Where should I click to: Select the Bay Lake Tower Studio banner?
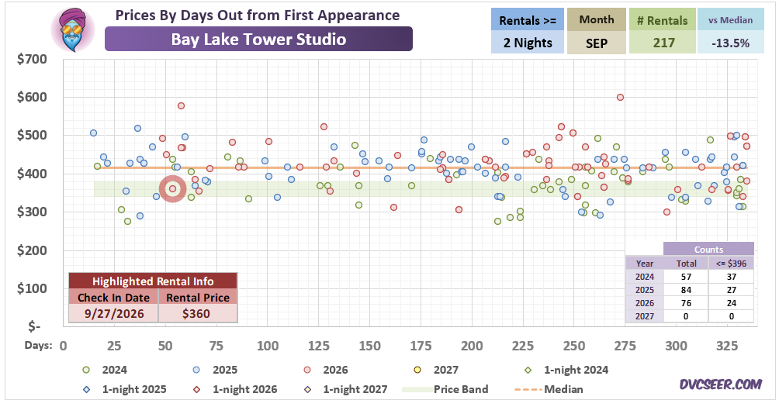258,39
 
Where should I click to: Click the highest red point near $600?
620,97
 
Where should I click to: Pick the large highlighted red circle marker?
172,188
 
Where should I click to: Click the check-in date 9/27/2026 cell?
113,314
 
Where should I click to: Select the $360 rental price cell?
198,314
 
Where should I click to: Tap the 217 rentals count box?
661,43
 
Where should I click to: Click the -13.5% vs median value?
730,43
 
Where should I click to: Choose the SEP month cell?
597,43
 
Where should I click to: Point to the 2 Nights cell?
528,43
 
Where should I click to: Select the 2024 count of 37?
732,277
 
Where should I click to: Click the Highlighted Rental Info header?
153,281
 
